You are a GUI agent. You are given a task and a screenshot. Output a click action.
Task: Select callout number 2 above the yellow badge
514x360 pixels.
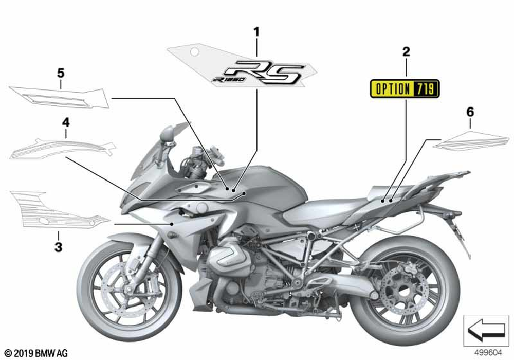[x=406, y=51]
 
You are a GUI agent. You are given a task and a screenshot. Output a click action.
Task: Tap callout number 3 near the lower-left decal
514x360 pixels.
[x=58, y=247]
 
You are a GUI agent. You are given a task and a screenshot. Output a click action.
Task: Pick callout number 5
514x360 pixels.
[x=61, y=73]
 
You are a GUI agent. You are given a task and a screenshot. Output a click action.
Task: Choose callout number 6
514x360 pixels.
[x=470, y=112]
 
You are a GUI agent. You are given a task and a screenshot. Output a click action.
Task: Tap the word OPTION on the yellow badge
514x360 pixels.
[x=393, y=89]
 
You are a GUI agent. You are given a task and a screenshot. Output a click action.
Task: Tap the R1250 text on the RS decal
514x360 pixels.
[x=227, y=79]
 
